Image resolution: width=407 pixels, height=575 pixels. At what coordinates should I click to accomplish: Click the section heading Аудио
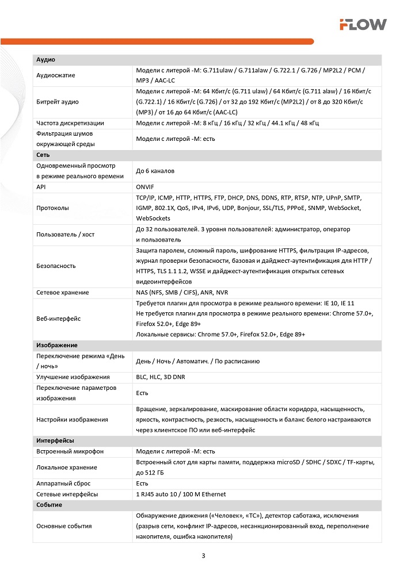click(x=45, y=60)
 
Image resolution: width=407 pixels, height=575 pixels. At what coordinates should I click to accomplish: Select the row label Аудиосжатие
click(x=56, y=75)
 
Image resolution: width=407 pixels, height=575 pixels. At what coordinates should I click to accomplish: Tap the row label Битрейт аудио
click(x=58, y=102)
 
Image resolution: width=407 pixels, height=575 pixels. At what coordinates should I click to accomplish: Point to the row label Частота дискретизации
click(x=70, y=123)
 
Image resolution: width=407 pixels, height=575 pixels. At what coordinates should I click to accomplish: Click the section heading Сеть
click(x=43, y=155)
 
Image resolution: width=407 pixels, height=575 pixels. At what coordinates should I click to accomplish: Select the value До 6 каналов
click(x=155, y=171)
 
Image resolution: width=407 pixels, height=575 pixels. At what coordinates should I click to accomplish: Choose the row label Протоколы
click(x=52, y=208)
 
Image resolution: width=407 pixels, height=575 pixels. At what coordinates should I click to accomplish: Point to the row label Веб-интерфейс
click(x=58, y=319)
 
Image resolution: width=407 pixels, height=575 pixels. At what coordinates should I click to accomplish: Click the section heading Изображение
click(x=56, y=346)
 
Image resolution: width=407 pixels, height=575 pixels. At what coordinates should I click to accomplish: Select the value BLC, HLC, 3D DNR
click(x=161, y=377)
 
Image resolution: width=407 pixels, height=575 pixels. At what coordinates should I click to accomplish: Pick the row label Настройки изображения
click(x=72, y=419)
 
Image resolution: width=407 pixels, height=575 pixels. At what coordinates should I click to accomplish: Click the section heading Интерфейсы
click(x=55, y=440)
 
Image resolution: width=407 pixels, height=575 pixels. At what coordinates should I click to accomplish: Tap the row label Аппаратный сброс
click(x=63, y=484)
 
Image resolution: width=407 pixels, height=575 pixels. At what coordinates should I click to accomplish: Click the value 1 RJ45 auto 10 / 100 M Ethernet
click(x=181, y=494)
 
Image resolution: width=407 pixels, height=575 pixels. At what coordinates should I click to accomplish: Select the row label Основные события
click(x=64, y=526)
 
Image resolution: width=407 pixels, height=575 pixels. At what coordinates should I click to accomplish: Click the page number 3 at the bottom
click(x=203, y=556)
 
